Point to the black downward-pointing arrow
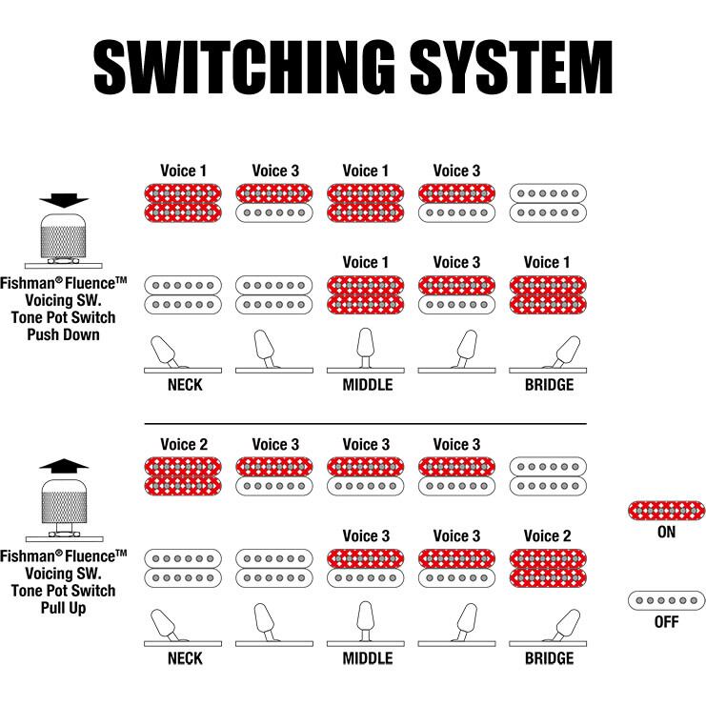pos(64,201)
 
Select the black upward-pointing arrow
pos(64,465)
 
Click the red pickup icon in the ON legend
pos(666,510)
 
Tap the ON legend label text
pos(666,532)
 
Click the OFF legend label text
pos(666,621)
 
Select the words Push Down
pos(64,334)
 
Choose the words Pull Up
pos(64,607)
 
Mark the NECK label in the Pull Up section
pos(185,658)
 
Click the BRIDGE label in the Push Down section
pos(549,385)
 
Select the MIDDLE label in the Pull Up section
pos(367,658)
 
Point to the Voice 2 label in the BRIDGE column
pos(549,535)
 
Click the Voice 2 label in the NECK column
pos(184,444)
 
